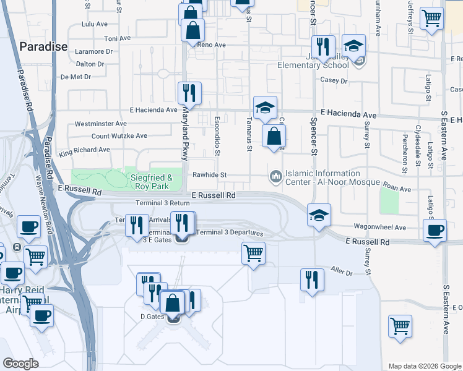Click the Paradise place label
click(x=43, y=46)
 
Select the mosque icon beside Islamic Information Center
click(x=275, y=177)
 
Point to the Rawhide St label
click(x=209, y=175)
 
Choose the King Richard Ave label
click(x=84, y=150)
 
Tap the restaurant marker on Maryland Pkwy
click(x=189, y=93)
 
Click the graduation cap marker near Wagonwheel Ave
click(x=319, y=215)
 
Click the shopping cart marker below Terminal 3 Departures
click(x=253, y=252)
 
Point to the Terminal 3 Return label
click(x=163, y=203)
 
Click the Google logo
click(x=21, y=364)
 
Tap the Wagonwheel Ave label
click(x=381, y=228)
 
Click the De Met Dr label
click(x=76, y=77)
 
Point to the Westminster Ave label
click(x=100, y=124)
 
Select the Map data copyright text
click(x=425, y=366)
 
